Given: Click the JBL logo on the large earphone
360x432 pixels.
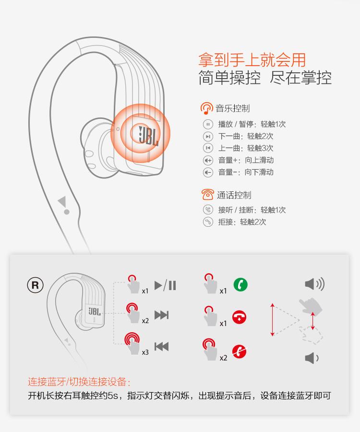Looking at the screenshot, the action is tap(148, 136).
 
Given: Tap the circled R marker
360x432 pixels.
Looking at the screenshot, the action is tap(36, 285).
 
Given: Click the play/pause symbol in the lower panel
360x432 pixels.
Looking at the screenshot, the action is tap(165, 285).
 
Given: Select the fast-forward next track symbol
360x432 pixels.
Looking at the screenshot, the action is tap(161, 315).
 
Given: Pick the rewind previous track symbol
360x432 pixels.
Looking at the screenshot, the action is tap(161, 346).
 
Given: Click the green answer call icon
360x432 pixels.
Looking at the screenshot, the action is tap(240, 285).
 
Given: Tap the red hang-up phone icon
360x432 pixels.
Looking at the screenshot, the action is tap(239, 317).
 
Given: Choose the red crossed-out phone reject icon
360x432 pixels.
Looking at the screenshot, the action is tap(239, 351).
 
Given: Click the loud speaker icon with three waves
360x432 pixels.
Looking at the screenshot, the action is tap(314, 284).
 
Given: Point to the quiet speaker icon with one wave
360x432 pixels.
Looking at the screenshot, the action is tap(312, 358).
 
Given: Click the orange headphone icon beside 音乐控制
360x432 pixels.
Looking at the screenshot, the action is tap(206, 108).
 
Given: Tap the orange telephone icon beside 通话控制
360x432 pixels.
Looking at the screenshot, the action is tap(208, 195).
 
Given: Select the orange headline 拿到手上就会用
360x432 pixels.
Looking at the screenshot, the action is tap(252, 60).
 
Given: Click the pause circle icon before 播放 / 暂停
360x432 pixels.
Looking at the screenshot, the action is tap(208, 124).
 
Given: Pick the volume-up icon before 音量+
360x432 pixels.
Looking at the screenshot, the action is tap(208, 160).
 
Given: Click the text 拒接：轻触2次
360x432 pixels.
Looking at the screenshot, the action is tap(242, 222).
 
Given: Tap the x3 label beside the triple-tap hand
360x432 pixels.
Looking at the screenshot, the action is tap(145, 352).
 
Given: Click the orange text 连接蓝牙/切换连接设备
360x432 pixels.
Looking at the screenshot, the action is tap(79, 382).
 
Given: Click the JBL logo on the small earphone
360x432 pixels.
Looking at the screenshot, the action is tap(95, 311).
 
